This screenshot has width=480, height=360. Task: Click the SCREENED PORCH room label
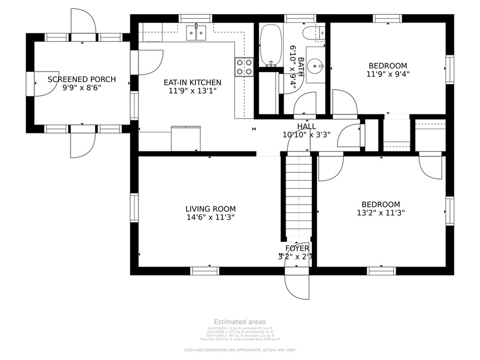(82, 79)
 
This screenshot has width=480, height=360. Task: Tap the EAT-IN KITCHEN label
(193, 83)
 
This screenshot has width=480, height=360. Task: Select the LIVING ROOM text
(210, 208)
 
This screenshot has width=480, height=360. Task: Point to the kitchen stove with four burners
(244, 67)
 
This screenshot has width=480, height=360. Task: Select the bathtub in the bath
(269, 45)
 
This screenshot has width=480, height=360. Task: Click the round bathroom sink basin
(314, 68)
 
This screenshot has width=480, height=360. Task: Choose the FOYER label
(297, 248)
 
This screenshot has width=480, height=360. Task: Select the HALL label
(306, 126)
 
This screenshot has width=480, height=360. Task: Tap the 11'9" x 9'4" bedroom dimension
(388, 74)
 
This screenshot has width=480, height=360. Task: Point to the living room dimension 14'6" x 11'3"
(210, 217)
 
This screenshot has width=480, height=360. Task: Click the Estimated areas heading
(240, 322)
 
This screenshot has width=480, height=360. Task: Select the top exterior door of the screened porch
(83, 23)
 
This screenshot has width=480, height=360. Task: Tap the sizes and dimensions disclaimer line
(240, 350)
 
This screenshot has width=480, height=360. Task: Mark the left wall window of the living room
(134, 208)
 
